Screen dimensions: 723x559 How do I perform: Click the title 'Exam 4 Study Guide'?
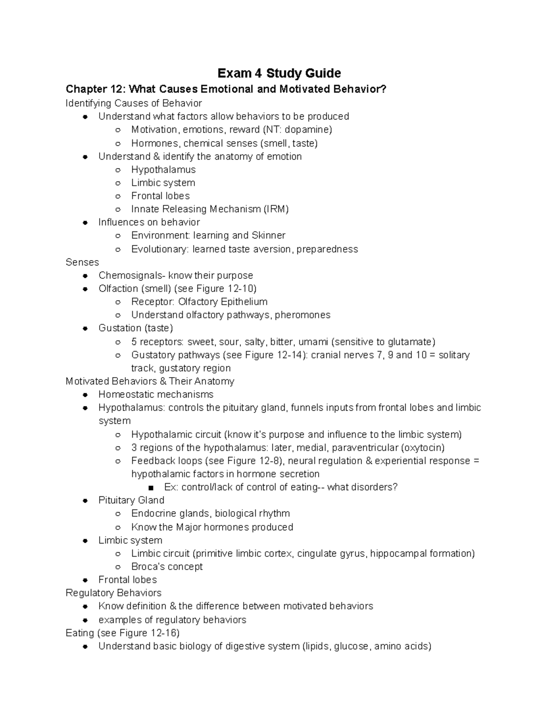click(279, 73)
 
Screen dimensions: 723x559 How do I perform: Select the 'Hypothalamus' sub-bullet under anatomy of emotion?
click(163, 169)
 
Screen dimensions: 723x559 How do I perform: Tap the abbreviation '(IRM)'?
click(276, 209)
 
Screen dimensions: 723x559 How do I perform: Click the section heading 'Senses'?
click(82, 262)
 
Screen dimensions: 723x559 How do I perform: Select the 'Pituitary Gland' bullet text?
click(131, 500)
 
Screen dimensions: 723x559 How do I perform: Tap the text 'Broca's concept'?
click(167, 567)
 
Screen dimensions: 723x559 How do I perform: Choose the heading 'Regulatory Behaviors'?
click(114, 593)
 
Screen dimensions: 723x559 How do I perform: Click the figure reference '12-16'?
click(164, 633)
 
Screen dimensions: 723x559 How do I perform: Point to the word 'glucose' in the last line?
click(351, 646)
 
